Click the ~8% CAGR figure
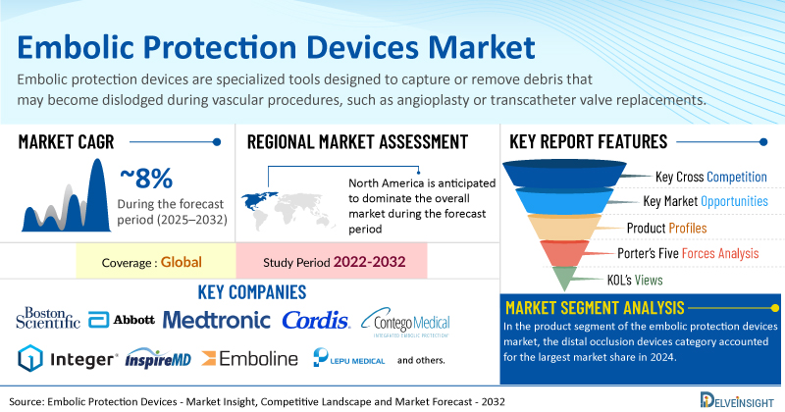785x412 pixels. click(x=146, y=179)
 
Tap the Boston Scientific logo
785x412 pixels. click(x=48, y=319)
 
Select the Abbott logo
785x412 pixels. click(x=122, y=320)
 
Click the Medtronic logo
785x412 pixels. click(x=216, y=321)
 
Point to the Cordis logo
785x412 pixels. click(x=316, y=321)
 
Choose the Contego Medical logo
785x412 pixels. click(x=405, y=322)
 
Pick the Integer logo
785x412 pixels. click(x=68, y=358)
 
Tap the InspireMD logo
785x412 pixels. click(x=158, y=358)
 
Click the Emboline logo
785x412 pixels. click(x=250, y=358)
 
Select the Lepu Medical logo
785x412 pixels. click(x=349, y=357)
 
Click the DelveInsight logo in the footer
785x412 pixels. click(x=737, y=400)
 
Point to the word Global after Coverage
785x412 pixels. click(x=182, y=262)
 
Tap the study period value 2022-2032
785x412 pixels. click(x=370, y=262)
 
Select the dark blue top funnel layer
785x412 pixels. click(x=564, y=174)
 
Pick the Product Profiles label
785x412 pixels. click(x=667, y=229)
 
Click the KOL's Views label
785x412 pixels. click(x=635, y=280)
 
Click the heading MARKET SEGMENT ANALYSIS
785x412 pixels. click(x=595, y=307)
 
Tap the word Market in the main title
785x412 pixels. click(x=482, y=47)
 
